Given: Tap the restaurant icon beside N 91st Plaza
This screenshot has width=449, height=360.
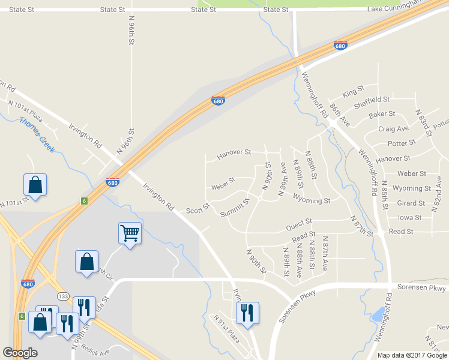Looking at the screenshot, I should tap(247, 312).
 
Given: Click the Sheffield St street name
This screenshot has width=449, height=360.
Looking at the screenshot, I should tap(372, 100).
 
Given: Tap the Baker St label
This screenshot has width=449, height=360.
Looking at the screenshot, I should tap(382, 114).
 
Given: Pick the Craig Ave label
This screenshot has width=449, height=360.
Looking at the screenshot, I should tap(393, 128).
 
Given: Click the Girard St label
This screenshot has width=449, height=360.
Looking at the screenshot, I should tap(411, 203).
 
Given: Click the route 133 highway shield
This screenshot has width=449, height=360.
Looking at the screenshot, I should tap(63, 296).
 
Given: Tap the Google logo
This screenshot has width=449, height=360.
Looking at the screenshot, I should tap(20, 353).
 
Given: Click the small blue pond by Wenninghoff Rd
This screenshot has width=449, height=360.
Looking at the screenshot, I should tap(378, 314).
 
